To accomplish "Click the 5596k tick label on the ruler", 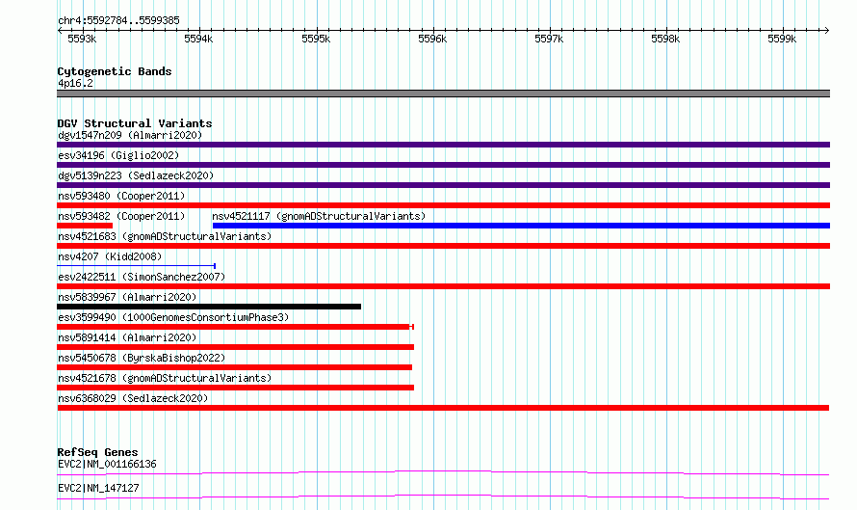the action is (x=432, y=39).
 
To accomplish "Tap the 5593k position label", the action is (x=82, y=39).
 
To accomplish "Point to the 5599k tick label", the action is (x=782, y=39).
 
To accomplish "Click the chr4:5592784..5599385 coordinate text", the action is (x=118, y=21).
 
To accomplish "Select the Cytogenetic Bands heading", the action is (x=115, y=71).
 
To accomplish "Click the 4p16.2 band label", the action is (x=75, y=83).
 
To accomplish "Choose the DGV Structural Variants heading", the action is (x=135, y=123).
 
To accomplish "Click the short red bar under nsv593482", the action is (x=85, y=226).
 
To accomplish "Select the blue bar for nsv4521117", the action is (x=521, y=226).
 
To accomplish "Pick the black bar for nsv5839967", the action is (x=209, y=307).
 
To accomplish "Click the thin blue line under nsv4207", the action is (x=136, y=266).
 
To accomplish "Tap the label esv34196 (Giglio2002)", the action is (x=118, y=155).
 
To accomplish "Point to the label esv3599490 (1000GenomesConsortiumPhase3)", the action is (x=173, y=317).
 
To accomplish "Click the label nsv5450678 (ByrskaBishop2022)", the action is (x=142, y=358).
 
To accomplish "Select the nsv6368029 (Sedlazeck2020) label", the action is (x=133, y=398).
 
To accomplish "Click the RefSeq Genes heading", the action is (x=97, y=452).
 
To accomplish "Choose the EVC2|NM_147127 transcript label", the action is (x=98, y=488).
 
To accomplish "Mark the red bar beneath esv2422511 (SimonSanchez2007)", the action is (x=444, y=286).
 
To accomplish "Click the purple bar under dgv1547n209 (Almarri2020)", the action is (x=444, y=145).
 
